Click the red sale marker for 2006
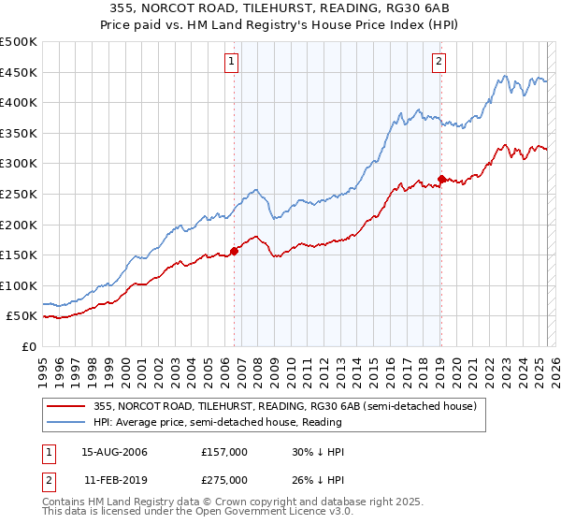pyautogui.click(x=235, y=250)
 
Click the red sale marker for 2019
pyautogui.click(x=441, y=179)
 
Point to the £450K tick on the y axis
pyautogui.click(x=20, y=73)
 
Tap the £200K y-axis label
pyautogui.click(x=20, y=225)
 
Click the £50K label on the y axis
pyautogui.click(x=23, y=316)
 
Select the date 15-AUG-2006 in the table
pyautogui.click(x=115, y=452)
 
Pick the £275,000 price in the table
pyautogui.click(x=224, y=479)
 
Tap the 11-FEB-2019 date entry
pyautogui.click(x=114, y=479)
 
